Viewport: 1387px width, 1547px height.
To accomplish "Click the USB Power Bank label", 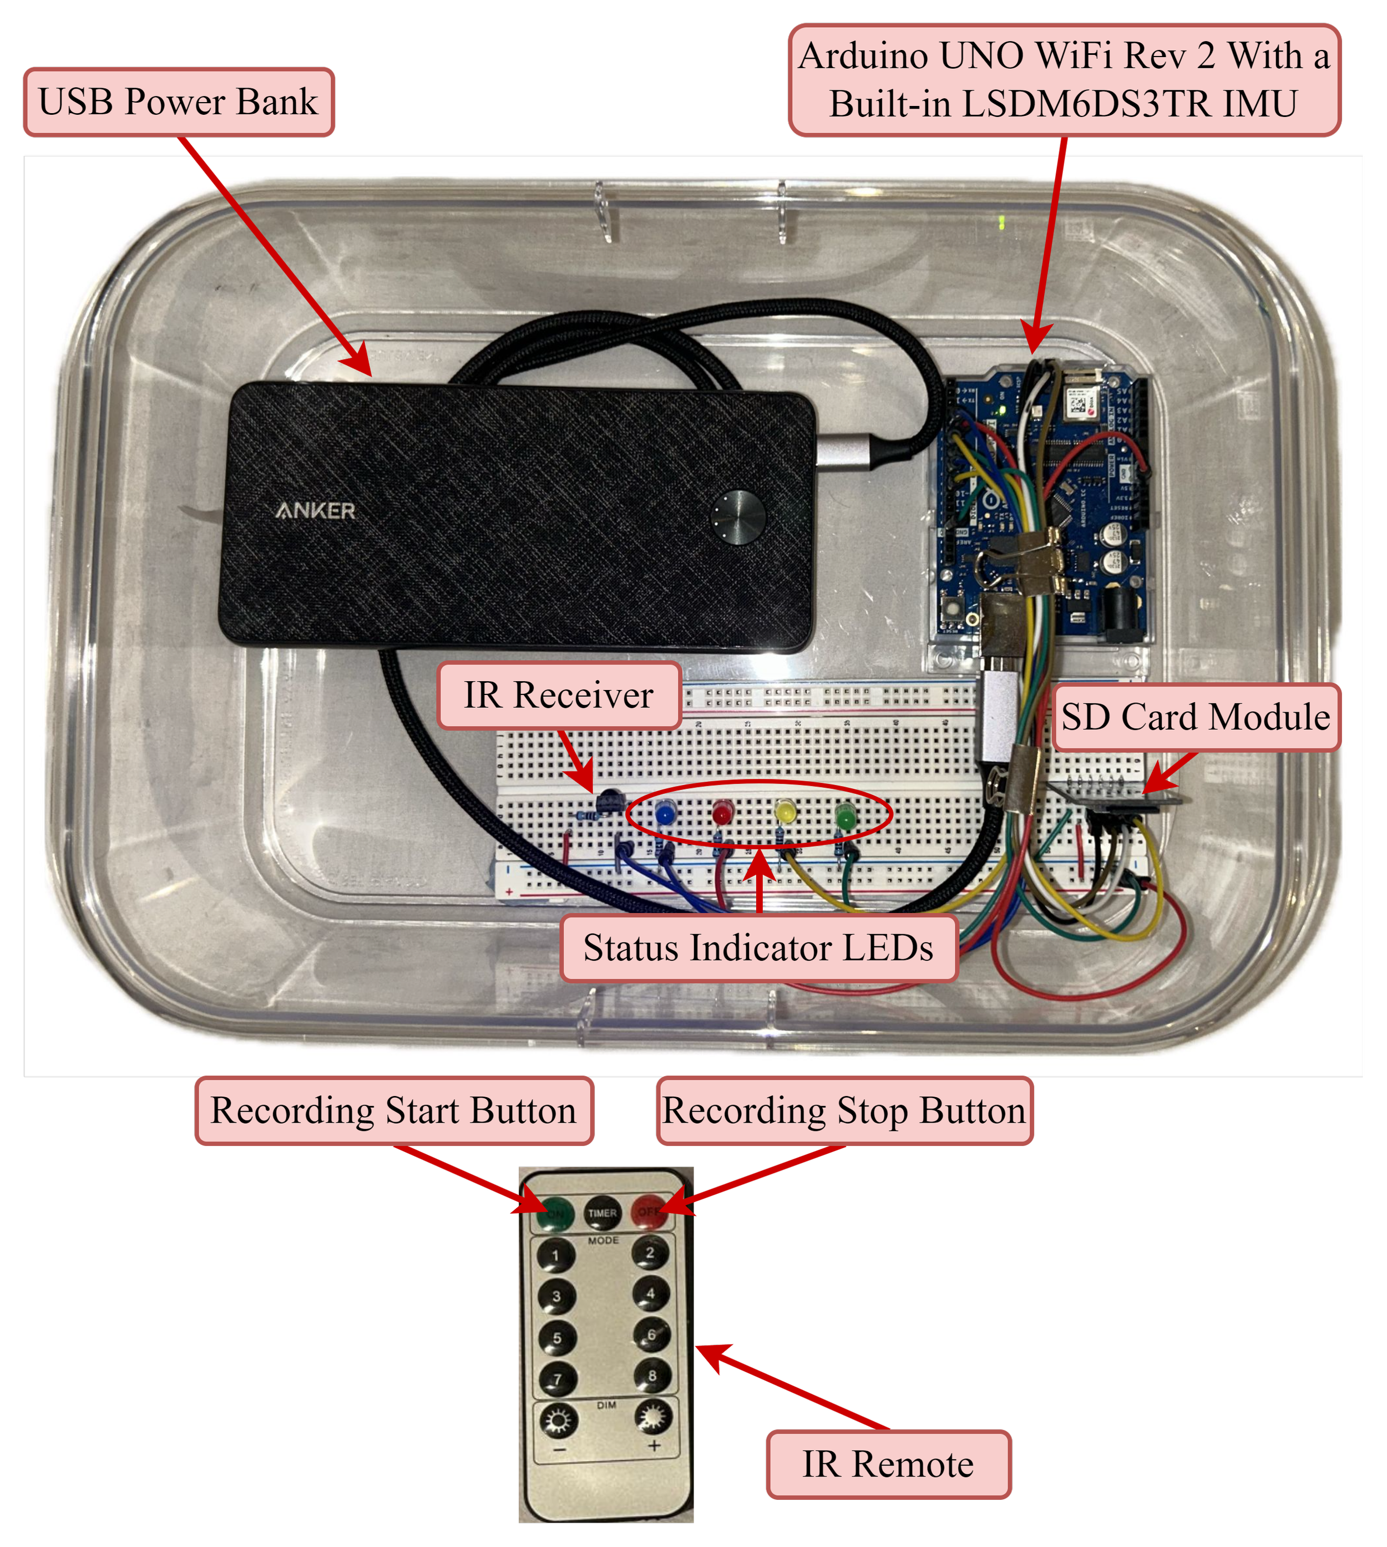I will click(178, 102).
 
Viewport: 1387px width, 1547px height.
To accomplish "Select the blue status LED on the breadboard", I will click(665, 814).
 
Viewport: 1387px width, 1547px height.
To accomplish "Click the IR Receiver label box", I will click(559, 695).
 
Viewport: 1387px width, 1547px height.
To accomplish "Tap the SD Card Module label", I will click(1195, 717).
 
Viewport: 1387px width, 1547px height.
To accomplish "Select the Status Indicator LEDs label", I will click(758, 948).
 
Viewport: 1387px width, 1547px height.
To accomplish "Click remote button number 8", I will click(651, 1376).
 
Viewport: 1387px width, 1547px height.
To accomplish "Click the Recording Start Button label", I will click(393, 1110).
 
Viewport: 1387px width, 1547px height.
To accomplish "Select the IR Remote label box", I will click(888, 1464).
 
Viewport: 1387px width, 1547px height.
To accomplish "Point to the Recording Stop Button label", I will click(844, 1110).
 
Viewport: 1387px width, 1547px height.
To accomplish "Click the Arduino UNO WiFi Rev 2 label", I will click(1064, 80).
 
